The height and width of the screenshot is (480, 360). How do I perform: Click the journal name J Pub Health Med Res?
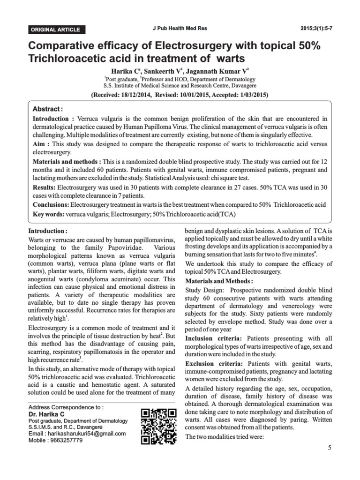point(186,29)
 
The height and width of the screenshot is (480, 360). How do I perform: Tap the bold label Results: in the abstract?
point(44,187)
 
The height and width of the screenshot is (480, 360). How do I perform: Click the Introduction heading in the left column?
point(48,232)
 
